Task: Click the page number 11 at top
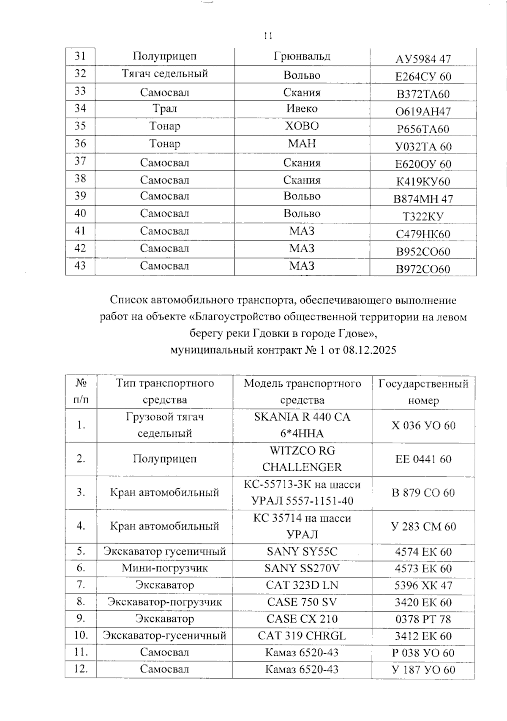(268, 36)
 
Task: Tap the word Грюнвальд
(302, 56)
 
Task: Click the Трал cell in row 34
(164, 109)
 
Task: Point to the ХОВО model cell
(302, 126)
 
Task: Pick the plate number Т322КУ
(423, 216)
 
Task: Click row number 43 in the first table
(80, 266)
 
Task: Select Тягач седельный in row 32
(165, 74)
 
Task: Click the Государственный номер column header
(423, 392)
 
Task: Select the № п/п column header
(81, 391)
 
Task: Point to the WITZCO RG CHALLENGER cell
(302, 459)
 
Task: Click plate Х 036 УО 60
(423, 425)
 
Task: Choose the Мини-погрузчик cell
(164, 568)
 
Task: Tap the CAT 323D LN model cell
(302, 585)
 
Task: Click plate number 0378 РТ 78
(423, 619)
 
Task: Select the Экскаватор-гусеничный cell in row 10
(164, 636)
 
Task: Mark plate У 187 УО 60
(423, 669)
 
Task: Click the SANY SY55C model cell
(302, 552)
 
